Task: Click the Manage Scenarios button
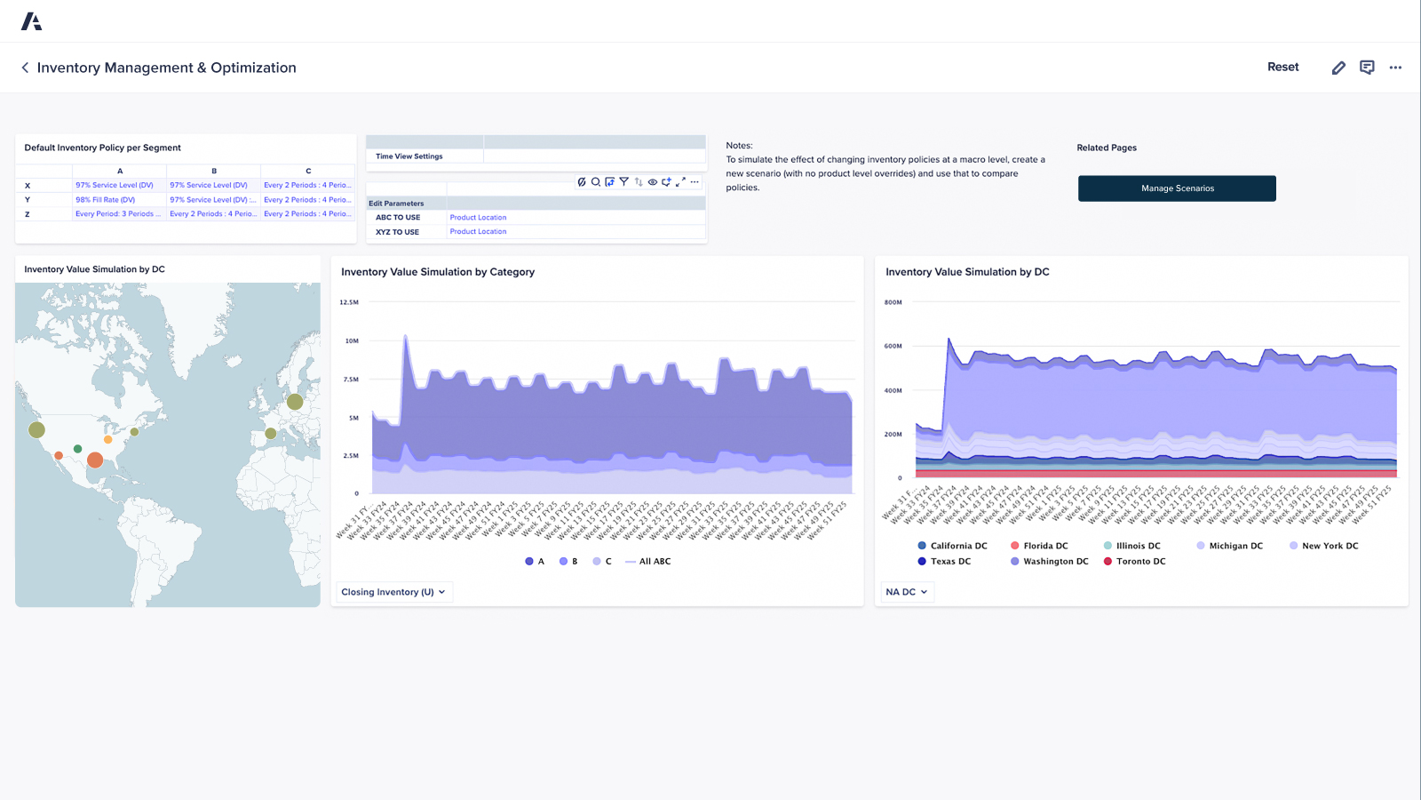click(x=1177, y=188)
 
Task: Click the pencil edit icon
click(x=1338, y=68)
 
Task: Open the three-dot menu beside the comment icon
click(x=1395, y=68)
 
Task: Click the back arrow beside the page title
click(x=25, y=68)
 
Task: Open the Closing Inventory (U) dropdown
click(x=393, y=592)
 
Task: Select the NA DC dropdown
click(x=906, y=592)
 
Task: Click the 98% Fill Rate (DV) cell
click(x=106, y=200)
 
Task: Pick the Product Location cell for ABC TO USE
click(x=478, y=218)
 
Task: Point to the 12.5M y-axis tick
click(x=349, y=302)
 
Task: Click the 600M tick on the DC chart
click(x=893, y=346)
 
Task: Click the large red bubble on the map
click(x=95, y=460)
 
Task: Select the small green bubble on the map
click(x=78, y=449)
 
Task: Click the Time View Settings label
click(x=409, y=156)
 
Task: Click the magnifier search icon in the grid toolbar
click(x=596, y=182)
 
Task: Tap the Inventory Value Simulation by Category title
click(x=438, y=272)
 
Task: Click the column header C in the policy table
click(x=308, y=171)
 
